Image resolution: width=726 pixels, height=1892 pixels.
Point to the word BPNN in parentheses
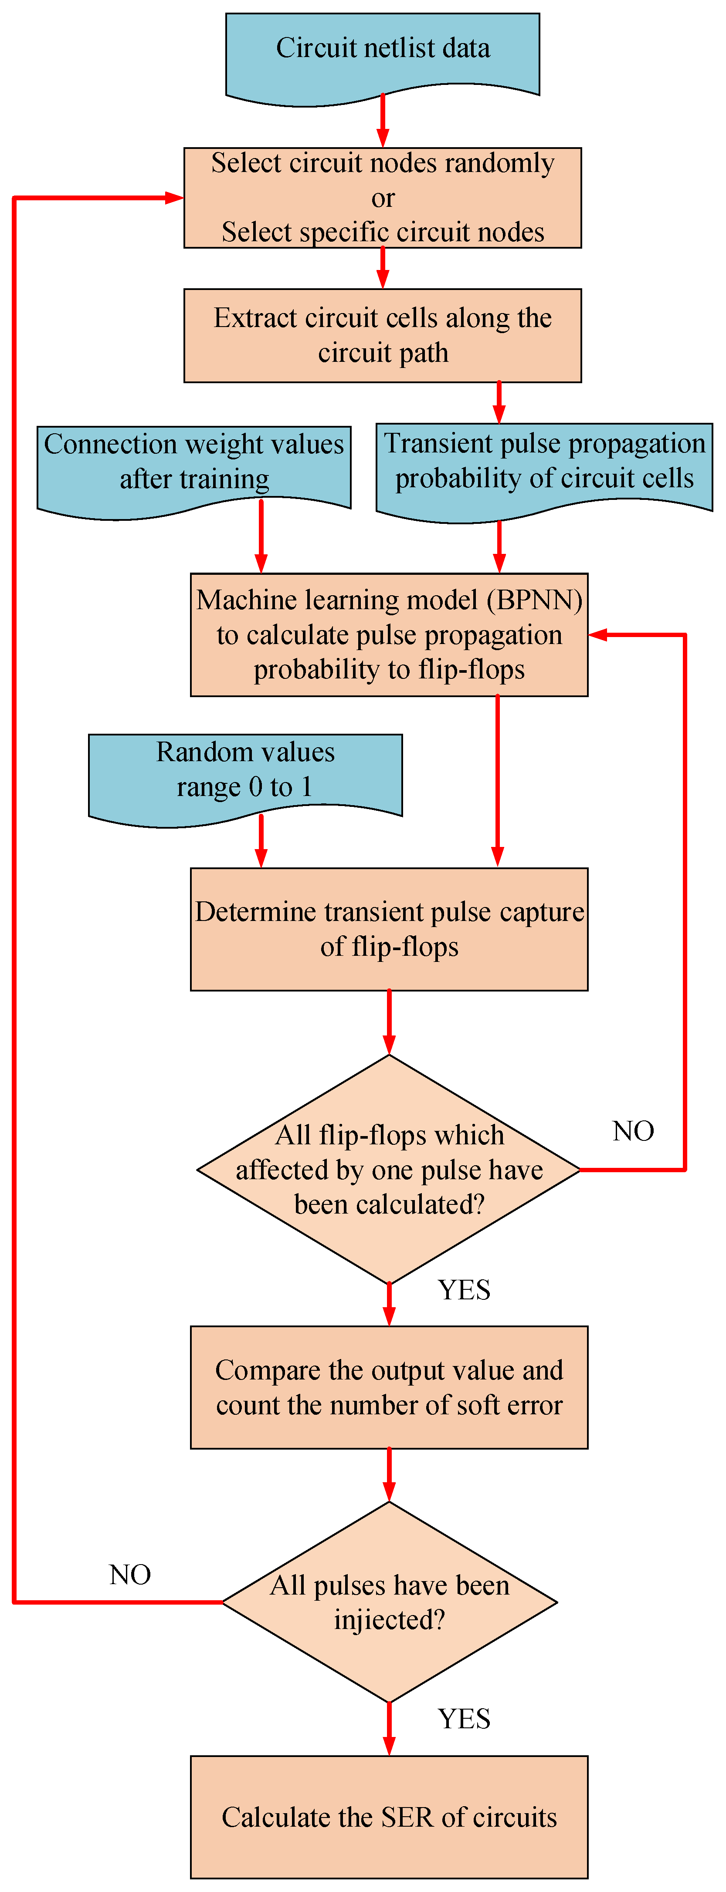click(534, 600)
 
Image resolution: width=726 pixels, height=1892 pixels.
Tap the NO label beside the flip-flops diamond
click(633, 1131)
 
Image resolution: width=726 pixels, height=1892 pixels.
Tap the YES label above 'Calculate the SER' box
click(464, 1719)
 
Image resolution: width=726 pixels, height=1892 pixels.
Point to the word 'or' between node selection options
click(383, 198)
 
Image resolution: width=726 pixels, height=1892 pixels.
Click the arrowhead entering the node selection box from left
click(174, 198)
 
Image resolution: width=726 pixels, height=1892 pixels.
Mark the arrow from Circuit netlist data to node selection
click(383, 121)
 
